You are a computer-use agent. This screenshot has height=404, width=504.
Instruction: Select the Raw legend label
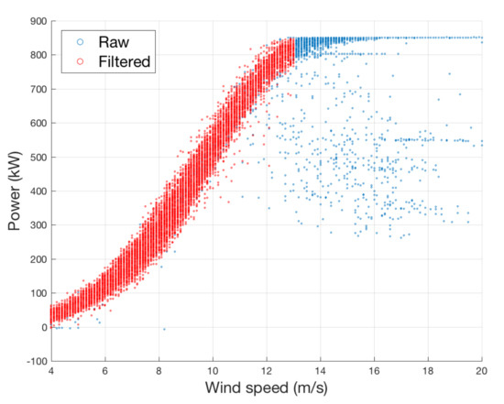pyautogui.click(x=108, y=41)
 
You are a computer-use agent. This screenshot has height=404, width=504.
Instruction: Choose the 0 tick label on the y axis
pyautogui.click(x=41, y=327)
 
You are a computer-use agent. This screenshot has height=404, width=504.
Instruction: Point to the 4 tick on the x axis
pyautogui.click(x=50, y=371)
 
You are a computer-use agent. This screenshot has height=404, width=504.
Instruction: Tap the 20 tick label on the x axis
pyautogui.click(x=482, y=371)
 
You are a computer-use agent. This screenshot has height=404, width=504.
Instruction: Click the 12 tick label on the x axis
pyautogui.click(x=266, y=371)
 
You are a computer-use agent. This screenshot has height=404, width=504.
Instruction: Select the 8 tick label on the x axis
pyautogui.click(x=159, y=371)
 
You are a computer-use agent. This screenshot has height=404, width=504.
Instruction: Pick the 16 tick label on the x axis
pyautogui.click(x=374, y=371)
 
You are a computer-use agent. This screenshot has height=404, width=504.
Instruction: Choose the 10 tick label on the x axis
pyautogui.click(x=212, y=371)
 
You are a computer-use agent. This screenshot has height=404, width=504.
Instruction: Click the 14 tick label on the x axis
pyautogui.click(x=320, y=371)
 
